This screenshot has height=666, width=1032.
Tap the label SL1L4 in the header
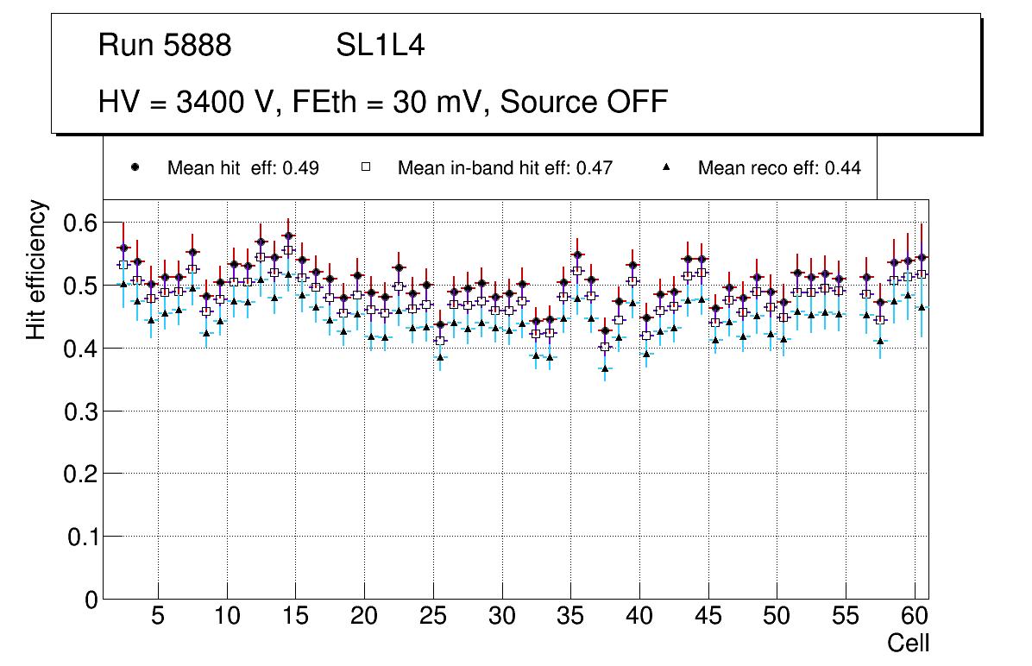[x=380, y=46]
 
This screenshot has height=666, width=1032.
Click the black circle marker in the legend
[x=135, y=167]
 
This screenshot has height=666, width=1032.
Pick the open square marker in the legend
[x=365, y=167]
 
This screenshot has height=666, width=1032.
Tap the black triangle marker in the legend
[x=665, y=167]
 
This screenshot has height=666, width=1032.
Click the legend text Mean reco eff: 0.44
[x=779, y=168]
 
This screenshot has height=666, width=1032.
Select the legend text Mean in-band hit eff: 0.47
[x=505, y=168]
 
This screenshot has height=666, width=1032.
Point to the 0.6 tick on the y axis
[x=81, y=223]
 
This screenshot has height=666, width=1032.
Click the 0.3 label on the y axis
[x=81, y=412]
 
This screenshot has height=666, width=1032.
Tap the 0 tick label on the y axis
[x=91, y=600]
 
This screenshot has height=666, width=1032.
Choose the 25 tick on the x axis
[x=433, y=617]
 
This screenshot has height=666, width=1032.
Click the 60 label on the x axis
[x=915, y=617]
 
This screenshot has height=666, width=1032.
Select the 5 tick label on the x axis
[x=158, y=617]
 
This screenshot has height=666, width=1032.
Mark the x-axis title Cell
[x=908, y=643]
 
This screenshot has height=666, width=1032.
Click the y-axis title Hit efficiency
[x=36, y=270]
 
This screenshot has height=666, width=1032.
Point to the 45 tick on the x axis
[x=708, y=617]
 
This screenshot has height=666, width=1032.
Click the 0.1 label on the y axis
[x=81, y=537]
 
